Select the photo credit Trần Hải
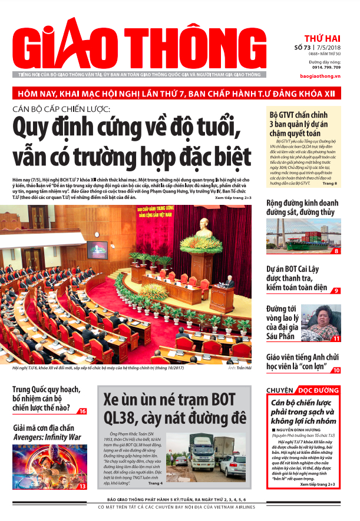[238, 367]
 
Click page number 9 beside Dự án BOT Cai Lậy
[336, 291]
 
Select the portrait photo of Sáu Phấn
[322, 323]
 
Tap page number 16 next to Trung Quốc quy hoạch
[82, 411]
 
